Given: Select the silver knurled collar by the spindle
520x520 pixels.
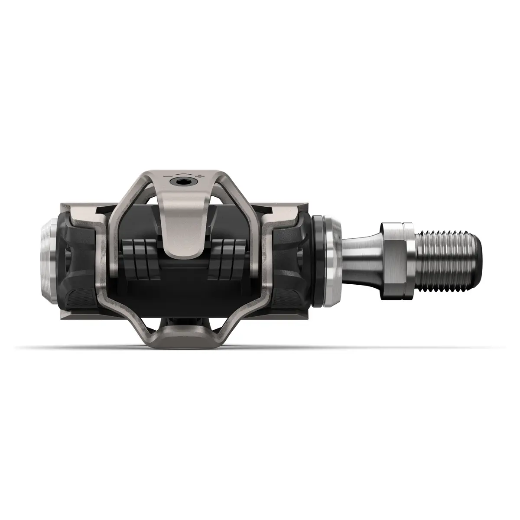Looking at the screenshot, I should coord(333,260).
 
